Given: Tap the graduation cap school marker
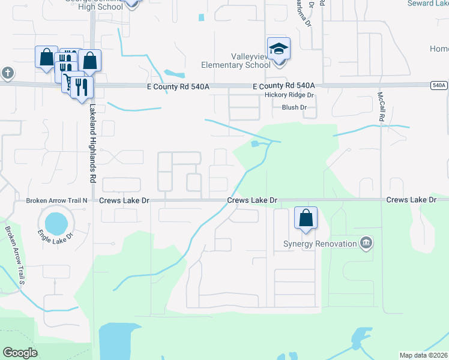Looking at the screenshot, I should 279,48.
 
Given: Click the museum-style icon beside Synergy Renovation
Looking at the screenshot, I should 366,243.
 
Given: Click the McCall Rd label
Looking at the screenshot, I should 381,107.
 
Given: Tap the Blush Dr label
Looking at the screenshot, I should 294,107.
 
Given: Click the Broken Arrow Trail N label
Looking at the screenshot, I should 58,200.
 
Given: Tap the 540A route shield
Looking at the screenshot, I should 439,86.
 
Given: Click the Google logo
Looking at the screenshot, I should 20,352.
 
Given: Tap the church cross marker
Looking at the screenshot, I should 7,73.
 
